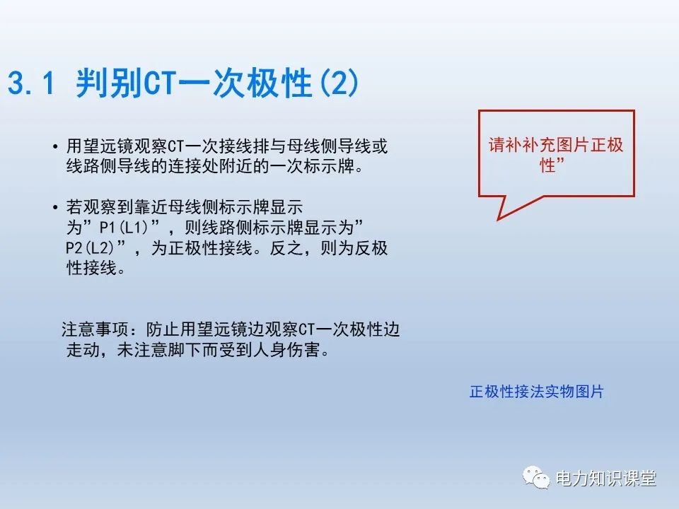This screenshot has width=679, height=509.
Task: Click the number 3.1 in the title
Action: coord(30,84)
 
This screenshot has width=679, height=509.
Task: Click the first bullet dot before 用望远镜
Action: coord(55,147)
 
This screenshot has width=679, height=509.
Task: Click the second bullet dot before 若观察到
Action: coord(55,208)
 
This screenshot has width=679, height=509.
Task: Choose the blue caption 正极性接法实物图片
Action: coord(536,392)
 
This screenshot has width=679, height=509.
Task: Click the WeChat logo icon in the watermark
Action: coord(537,479)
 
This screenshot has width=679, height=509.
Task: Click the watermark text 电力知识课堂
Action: coord(606,479)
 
